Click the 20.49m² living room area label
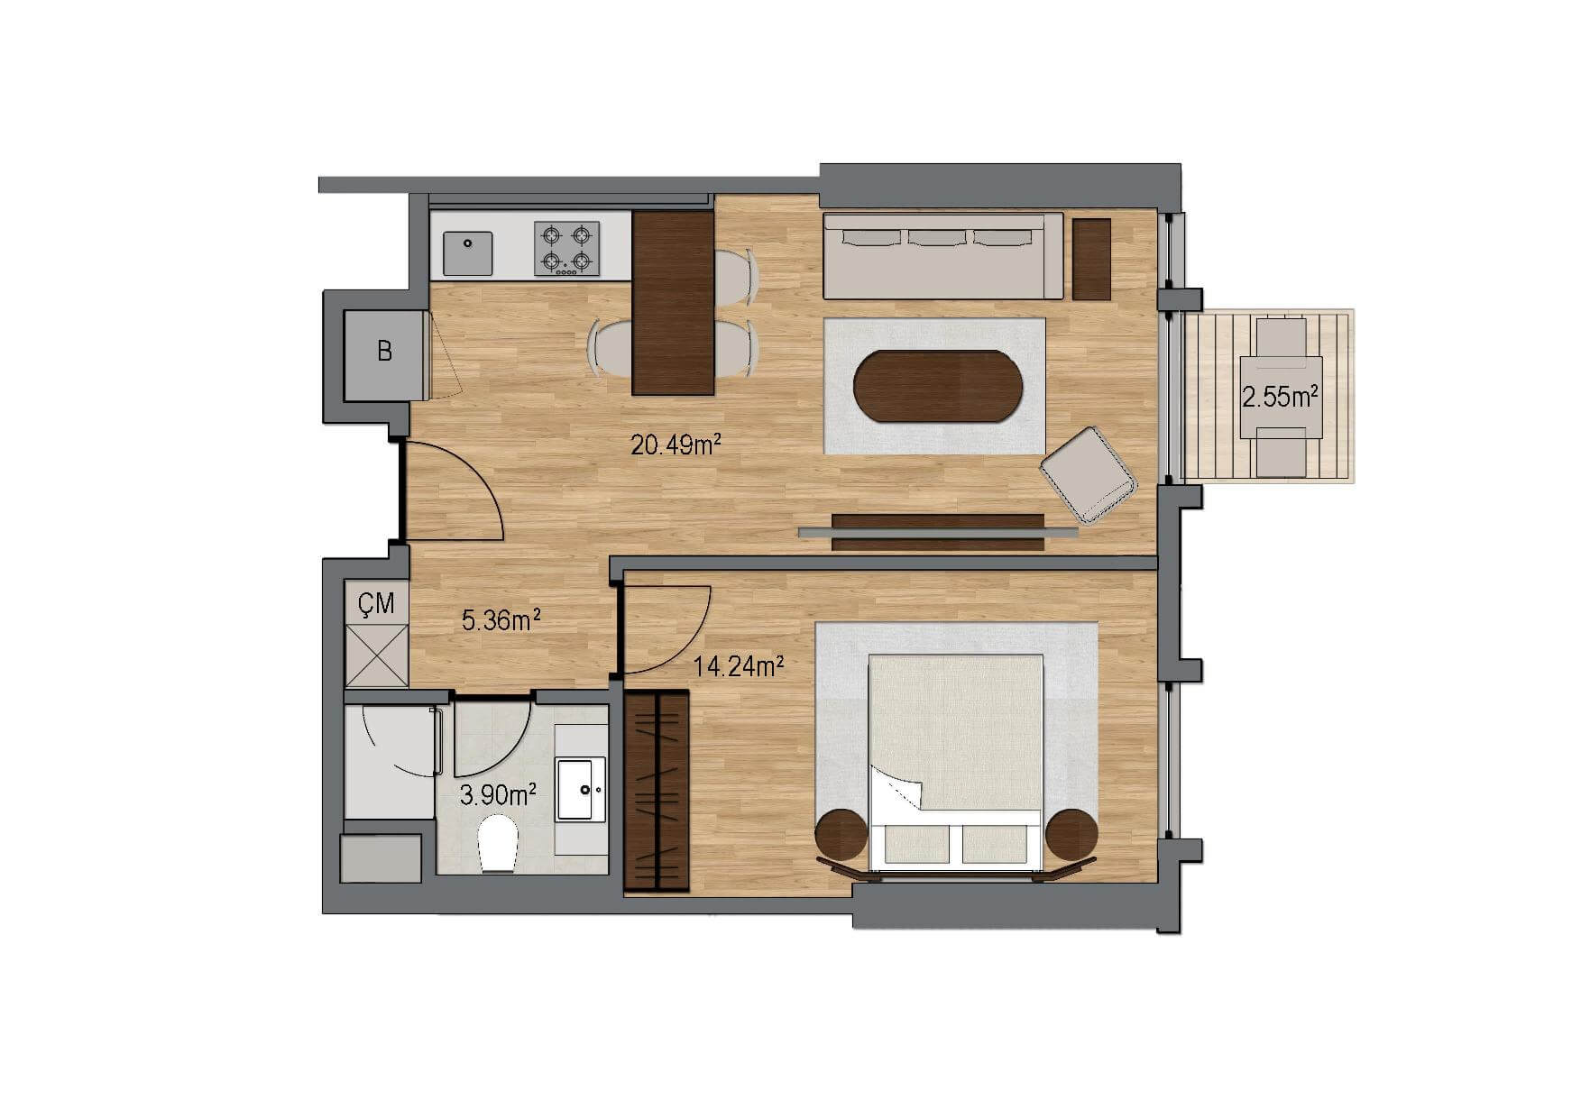click(x=676, y=444)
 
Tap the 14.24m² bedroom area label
click(x=738, y=666)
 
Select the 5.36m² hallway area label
click(x=501, y=619)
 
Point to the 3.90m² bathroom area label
click(x=499, y=794)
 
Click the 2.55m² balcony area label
click(x=1282, y=397)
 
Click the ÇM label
click(x=376, y=603)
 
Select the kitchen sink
click(x=468, y=253)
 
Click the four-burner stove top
click(x=566, y=249)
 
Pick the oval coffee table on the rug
click(x=938, y=386)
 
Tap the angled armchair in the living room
click(x=1089, y=475)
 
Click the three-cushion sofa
click(x=943, y=255)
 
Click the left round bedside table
click(x=842, y=836)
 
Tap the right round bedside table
click(x=1071, y=836)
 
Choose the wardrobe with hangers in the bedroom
click(x=657, y=792)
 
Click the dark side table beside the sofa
click(x=1091, y=259)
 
